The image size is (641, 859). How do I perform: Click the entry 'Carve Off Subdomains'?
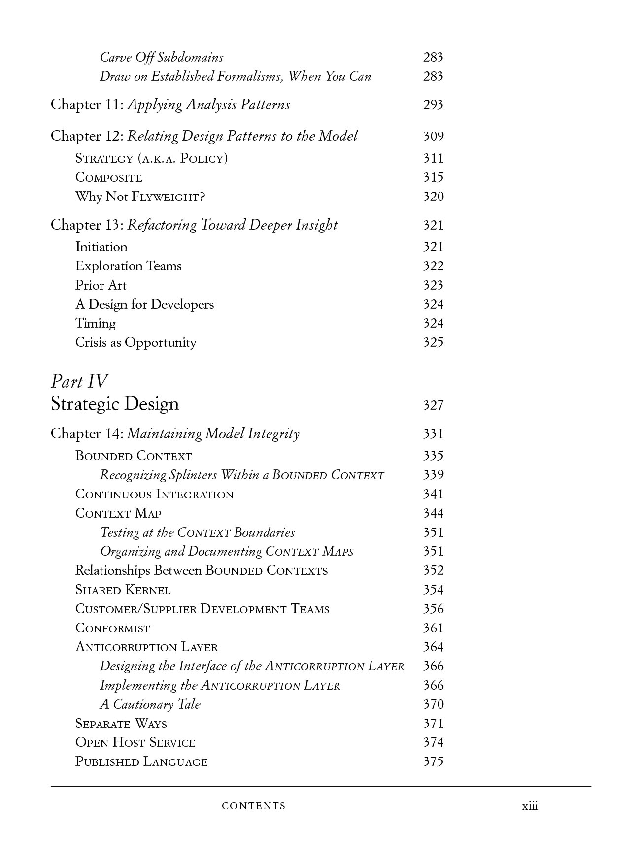[x=161, y=57]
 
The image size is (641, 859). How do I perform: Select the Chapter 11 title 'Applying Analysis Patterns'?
[x=208, y=105]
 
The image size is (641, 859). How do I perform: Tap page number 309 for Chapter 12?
[x=433, y=136]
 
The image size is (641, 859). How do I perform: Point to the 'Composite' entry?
[x=108, y=178]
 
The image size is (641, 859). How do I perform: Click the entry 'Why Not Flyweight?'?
[x=140, y=197]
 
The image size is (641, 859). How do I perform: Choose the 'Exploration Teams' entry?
[x=128, y=266]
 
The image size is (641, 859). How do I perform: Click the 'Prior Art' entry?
[x=101, y=285]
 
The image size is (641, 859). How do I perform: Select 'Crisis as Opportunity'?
[x=135, y=342]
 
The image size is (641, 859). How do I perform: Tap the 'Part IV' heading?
[x=79, y=381]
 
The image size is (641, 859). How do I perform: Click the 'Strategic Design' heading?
[x=115, y=404]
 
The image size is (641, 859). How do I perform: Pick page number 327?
[x=433, y=405]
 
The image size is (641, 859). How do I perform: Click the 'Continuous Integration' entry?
[x=154, y=494]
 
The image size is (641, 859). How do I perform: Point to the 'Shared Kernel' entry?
[x=123, y=590]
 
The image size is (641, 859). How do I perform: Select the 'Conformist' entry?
[x=112, y=628]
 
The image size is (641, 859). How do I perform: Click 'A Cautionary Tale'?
[x=150, y=704]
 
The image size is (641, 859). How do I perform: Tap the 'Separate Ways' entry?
[x=121, y=724]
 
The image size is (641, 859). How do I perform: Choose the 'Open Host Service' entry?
[x=135, y=743]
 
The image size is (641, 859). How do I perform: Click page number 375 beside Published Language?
[x=433, y=761]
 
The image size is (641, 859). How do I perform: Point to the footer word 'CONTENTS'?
[x=254, y=806]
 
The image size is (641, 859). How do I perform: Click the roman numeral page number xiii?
[x=530, y=806]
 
